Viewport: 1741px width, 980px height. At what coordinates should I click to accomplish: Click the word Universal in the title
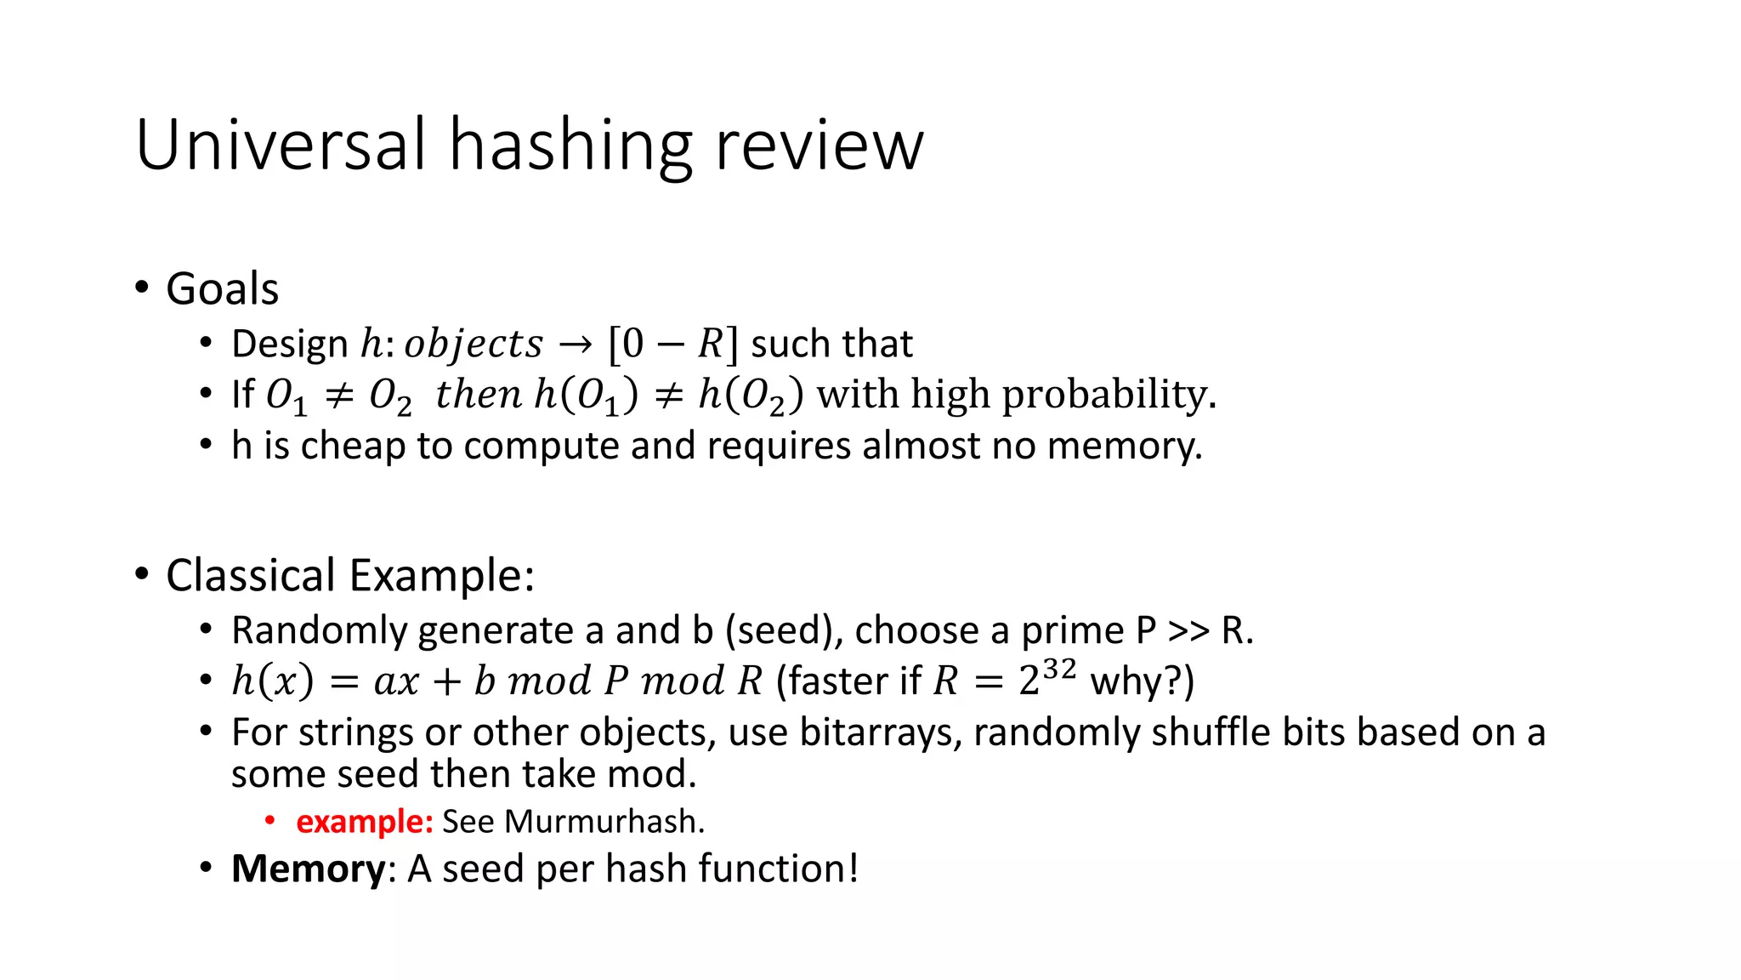[x=281, y=145]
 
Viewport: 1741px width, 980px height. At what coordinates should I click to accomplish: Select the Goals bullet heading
[x=222, y=288]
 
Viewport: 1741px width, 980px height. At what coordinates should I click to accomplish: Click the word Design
[x=289, y=344]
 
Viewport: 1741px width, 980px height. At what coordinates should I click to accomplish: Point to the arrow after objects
[x=575, y=345]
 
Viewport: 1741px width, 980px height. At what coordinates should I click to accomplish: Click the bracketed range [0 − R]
[x=672, y=344]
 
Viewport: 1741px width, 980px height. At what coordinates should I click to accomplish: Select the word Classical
[x=251, y=575]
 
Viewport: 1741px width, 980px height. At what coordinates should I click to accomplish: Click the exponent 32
[x=1059, y=669]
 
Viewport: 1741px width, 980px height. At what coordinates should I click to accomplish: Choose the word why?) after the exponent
[x=1142, y=681]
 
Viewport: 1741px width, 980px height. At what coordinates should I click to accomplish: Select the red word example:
[x=364, y=822]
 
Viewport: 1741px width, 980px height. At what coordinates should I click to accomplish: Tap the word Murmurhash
[x=604, y=822]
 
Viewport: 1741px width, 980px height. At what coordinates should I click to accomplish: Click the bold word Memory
[x=308, y=869]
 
